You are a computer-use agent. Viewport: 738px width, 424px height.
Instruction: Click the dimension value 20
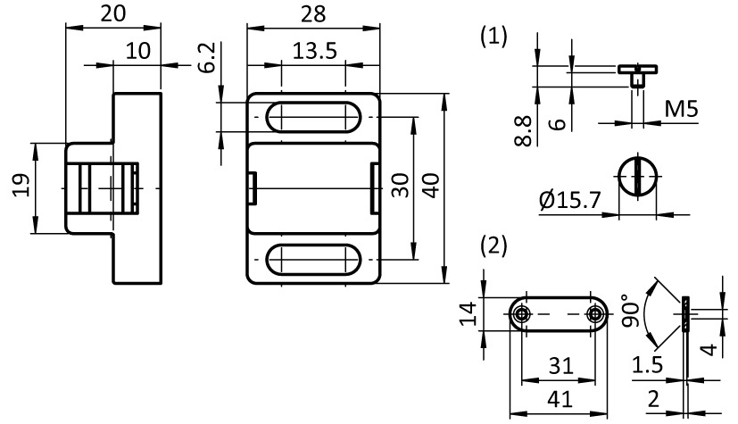coord(113,13)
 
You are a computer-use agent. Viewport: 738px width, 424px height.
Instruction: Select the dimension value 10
coord(137,51)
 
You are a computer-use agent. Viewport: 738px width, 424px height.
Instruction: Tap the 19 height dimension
coord(22,187)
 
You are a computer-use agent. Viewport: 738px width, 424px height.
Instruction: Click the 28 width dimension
coord(312,13)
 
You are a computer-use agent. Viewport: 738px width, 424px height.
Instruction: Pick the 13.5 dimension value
coord(314,51)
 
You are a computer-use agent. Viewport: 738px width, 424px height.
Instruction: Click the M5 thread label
coord(681,110)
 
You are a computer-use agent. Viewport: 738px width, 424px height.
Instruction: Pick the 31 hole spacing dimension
coord(558,367)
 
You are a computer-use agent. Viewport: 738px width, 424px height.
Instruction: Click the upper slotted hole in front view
coord(312,117)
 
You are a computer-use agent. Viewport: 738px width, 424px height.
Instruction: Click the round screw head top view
coord(636,175)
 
